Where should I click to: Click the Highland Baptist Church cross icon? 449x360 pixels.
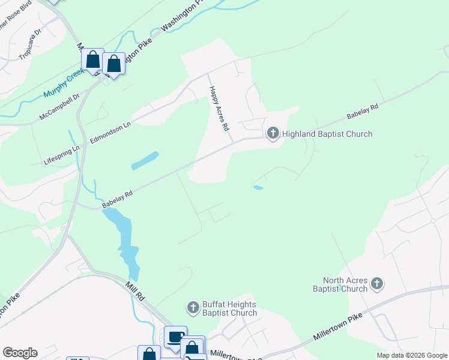(273, 133)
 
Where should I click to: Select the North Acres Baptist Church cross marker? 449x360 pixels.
(376, 283)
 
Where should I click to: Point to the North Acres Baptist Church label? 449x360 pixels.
(345, 284)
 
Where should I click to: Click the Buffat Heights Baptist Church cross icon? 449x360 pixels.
(193, 308)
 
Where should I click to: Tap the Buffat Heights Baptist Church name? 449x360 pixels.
(229, 308)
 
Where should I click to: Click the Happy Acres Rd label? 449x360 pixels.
(218, 109)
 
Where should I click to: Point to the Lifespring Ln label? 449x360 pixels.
(62, 156)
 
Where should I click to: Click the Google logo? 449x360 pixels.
(19, 353)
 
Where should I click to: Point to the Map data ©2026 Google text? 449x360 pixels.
(411, 355)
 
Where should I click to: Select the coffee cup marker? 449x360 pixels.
(175, 337)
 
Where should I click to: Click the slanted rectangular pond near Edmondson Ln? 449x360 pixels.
(144, 160)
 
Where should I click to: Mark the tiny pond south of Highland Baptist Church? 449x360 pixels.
(258, 188)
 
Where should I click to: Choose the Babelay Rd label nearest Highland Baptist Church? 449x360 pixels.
(363, 112)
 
